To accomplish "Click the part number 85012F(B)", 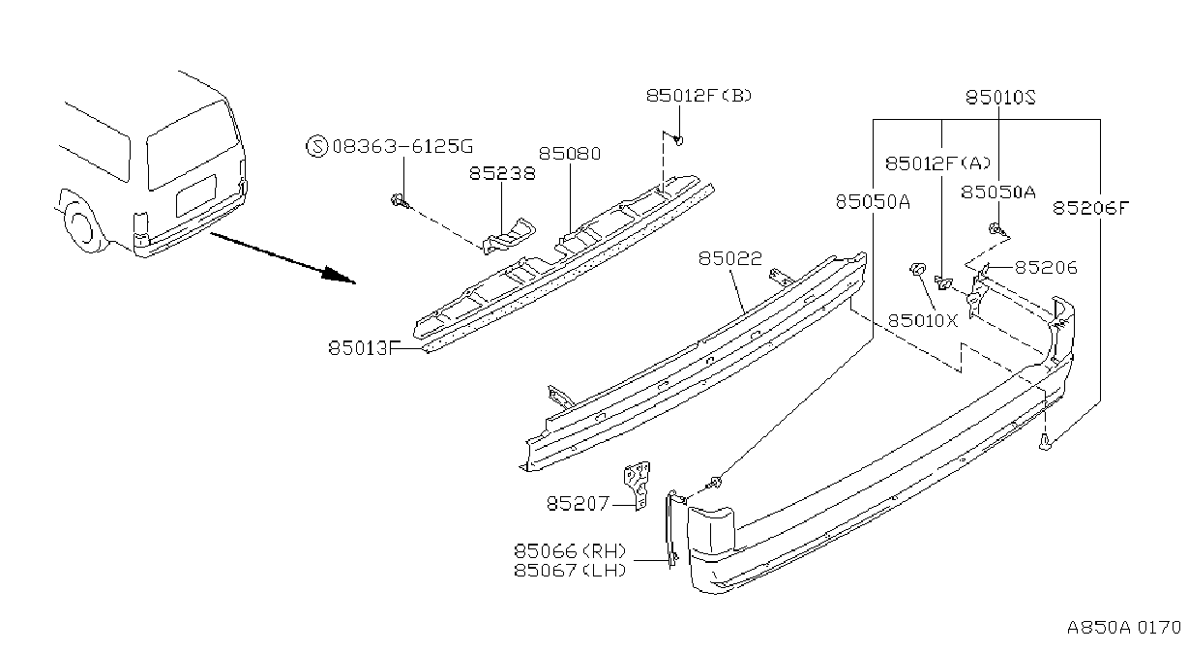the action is (x=699, y=96).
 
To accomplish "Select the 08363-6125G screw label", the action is (x=402, y=146).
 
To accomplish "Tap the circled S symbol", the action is (x=317, y=146).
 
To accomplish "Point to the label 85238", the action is (x=502, y=174).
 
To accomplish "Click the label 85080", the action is (x=570, y=154).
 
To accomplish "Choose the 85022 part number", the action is (x=729, y=258).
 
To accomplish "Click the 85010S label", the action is (x=1000, y=98).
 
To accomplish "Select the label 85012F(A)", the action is (x=937, y=163).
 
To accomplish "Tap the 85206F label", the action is (x=1091, y=208).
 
